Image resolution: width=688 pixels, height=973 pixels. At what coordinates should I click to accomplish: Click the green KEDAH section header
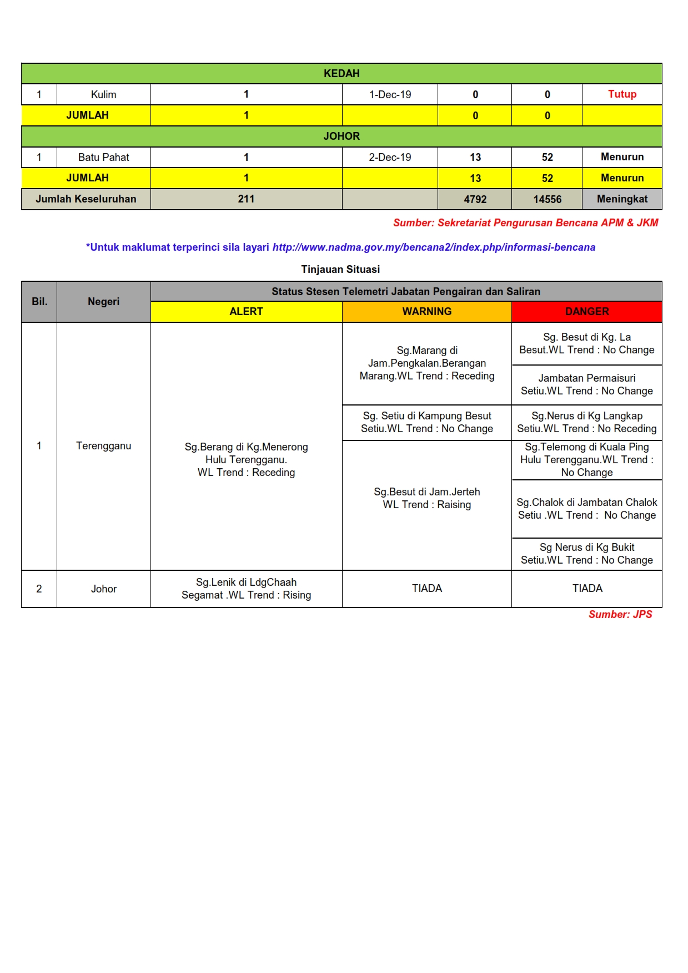click(x=342, y=73)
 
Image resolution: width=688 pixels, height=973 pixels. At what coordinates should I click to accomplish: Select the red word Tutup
click(x=622, y=94)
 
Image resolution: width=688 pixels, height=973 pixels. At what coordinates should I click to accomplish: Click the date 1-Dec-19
click(x=390, y=94)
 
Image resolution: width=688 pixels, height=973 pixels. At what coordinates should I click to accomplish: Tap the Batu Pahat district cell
click(x=103, y=157)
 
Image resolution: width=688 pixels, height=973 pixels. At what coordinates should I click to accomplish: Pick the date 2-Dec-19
click(x=390, y=157)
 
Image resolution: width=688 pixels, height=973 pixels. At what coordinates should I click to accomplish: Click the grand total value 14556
click(x=547, y=199)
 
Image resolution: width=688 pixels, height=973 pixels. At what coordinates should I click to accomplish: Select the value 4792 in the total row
click(x=475, y=199)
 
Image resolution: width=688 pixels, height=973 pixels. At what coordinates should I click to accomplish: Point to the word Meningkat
click(x=622, y=199)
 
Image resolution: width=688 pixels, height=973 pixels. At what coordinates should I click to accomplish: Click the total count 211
click(x=246, y=199)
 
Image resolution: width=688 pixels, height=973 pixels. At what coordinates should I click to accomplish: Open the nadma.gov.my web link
click(x=434, y=247)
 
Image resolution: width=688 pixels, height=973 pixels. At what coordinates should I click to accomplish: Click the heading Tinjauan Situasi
click(x=340, y=270)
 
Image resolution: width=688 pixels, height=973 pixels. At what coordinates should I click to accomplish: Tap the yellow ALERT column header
click(x=246, y=312)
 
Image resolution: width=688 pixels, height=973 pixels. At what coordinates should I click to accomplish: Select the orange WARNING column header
click(x=426, y=312)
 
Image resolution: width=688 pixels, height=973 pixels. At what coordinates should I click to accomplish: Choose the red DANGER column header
click(x=587, y=312)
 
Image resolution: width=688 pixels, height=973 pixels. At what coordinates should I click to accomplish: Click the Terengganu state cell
click(x=103, y=446)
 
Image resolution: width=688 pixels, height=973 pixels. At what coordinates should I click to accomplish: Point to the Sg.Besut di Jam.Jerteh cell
click(x=426, y=498)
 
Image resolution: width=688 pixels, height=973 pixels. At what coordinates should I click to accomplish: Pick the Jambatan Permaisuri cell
click(x=587, y=384)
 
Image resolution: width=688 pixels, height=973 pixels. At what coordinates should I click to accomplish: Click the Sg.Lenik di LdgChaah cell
click(x=246, y=589)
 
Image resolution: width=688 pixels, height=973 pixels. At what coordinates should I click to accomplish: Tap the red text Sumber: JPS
click(x=620, y=615)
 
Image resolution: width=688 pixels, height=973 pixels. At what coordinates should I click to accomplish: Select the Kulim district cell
click(x=103, y=94)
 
